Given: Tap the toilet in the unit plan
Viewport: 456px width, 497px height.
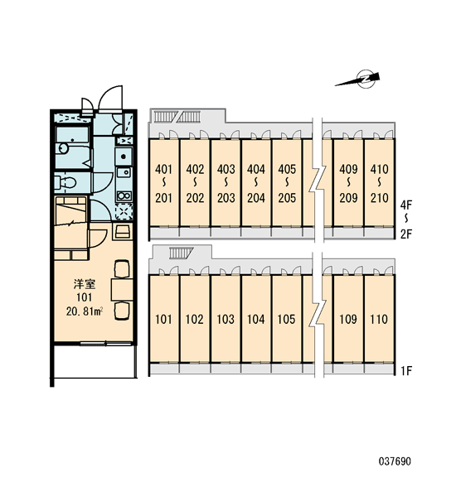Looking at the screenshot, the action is click(65, 183).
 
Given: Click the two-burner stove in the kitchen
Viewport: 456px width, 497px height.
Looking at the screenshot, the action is click(124, 196).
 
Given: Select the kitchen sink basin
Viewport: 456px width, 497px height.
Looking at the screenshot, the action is click(124, 172).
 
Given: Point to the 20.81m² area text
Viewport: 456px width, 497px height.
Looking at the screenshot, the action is click(84, 311).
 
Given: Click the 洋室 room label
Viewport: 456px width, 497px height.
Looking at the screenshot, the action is click(85, 284).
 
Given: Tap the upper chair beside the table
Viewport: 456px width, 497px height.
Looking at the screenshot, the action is click(122, 268).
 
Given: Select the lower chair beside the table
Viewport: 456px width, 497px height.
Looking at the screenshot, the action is click(122, 311).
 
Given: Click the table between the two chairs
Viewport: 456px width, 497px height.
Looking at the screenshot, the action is click(122, 290).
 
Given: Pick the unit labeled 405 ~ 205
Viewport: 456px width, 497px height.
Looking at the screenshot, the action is click(287, 183).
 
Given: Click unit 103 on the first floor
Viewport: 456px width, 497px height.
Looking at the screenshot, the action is click(226, 319).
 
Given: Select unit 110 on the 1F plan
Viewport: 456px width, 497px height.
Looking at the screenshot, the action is click(379, 319).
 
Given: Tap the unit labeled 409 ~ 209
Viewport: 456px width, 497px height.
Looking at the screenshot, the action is click(348, 183).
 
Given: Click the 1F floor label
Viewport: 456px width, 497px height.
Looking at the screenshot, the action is click(406, 370).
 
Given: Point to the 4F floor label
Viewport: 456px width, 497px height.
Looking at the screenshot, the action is click(406, 205).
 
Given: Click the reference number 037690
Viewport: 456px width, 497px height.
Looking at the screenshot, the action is click(395, 461).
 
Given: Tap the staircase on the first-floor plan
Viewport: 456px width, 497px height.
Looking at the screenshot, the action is click(181, 253).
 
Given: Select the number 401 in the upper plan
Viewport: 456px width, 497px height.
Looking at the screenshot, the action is click(163, 169).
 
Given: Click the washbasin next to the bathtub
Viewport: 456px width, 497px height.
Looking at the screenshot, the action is click(64, 148).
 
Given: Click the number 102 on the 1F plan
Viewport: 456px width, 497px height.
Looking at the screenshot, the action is click(194, 319).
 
